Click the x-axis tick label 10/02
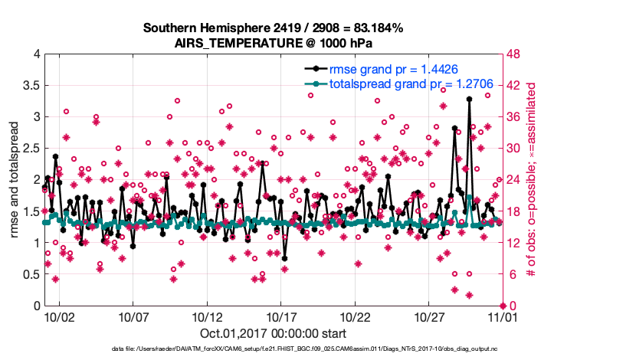(x=58, y=316)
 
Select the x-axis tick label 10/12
(x=207, y=316)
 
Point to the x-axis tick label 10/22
(x=356, y=316)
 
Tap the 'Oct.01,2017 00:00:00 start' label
(x=273, y=333)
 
